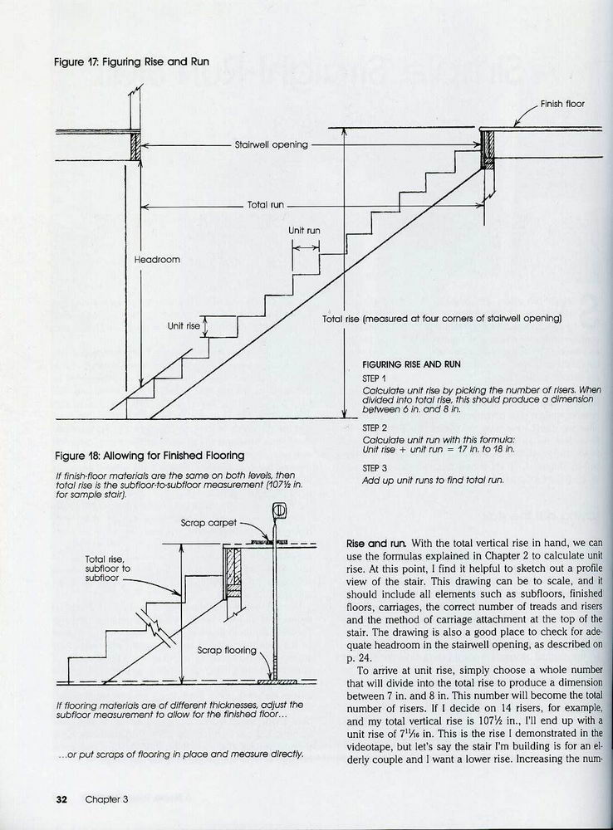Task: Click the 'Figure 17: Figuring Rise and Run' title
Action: (132, 62)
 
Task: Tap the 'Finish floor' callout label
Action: (562, 104)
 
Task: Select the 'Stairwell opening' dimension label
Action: (272, 144)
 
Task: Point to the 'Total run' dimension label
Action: (266, 205)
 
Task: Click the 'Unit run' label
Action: (304, 231)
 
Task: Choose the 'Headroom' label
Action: (157, 259)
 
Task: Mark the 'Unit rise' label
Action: (184, 326)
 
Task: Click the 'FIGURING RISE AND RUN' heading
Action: (411, 364)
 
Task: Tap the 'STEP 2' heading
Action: (375, 427)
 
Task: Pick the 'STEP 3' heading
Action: (375, 468)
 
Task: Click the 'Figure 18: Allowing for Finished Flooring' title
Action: (150, 456)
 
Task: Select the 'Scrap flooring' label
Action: (227, 650)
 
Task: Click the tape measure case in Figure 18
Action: (279, 510)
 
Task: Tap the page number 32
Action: (61, 799)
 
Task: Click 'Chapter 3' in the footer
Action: (106, 799)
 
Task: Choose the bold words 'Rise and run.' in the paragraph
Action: (377, 544)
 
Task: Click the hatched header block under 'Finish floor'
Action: (487, 149)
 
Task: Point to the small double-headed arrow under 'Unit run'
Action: (306, 247)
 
